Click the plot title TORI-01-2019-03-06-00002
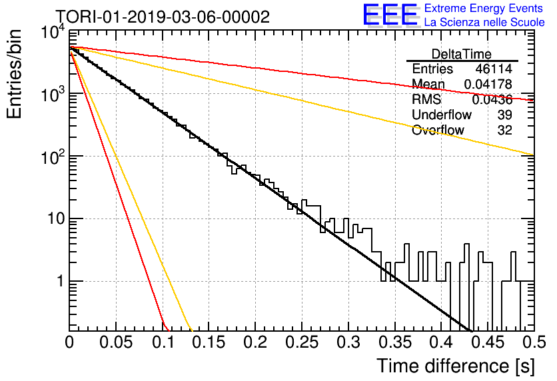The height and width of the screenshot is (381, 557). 163,17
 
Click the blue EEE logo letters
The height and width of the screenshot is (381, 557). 390,15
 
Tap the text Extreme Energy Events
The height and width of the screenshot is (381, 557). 484,8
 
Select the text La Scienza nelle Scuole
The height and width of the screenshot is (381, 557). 484,23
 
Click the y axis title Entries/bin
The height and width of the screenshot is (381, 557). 14,74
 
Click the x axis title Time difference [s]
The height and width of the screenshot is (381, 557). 456,366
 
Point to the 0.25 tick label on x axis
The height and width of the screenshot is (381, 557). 302,342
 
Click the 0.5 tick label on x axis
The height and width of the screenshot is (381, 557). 534,342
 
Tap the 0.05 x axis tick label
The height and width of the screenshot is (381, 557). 116,342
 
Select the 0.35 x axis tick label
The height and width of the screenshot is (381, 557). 395,342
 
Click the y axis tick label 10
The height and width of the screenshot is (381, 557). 57,218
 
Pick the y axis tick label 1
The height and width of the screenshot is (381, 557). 61,282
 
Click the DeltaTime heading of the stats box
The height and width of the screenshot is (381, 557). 462,55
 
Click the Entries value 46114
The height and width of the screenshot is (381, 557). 494,69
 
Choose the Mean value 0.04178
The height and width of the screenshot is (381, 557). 488,85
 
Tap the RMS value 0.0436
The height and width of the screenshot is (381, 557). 492,100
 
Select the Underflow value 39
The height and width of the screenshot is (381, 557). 504,115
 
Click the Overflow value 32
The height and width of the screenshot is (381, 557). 504,131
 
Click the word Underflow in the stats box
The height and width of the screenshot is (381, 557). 442,115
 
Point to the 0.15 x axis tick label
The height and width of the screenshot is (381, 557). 209,342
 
